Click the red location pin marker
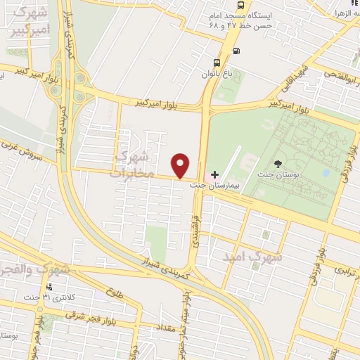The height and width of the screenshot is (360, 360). (x=181, y=165)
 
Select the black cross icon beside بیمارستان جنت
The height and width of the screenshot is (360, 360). (x=214, y=174)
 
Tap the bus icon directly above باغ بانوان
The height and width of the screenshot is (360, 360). (x=218, y=61)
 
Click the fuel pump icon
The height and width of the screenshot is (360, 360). (x=235, y=50)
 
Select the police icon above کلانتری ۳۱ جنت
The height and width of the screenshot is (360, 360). (x=49, y=287)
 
